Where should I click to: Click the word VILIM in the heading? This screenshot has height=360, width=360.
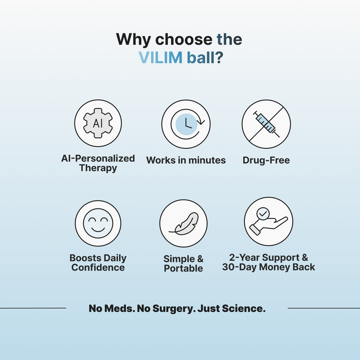tap(160, 57)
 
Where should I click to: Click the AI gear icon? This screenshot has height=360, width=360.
tap(98, 124)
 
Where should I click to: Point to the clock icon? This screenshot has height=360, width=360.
tap(186, 124)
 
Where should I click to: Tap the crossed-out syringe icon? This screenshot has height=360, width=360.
tap(266, 124)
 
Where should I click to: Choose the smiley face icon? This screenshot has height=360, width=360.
tap(98, 224)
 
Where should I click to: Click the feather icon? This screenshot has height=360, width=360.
tap(184, 224)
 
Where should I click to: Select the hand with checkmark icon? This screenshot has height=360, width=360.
tap(268, 222)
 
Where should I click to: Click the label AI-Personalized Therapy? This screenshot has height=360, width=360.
tap(98, 163)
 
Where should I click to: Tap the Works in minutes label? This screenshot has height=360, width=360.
tap(186, 160)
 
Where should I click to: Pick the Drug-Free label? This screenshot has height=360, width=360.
tap(266, 160)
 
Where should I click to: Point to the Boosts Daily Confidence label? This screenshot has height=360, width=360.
tap(98, 263)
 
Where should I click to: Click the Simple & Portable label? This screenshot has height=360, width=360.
tap(184, 263)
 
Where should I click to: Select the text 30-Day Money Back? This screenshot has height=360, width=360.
tap(268, 267)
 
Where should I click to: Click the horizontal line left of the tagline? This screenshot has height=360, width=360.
tap(33, 308)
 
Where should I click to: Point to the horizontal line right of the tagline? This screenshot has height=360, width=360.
tap(323, 308)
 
